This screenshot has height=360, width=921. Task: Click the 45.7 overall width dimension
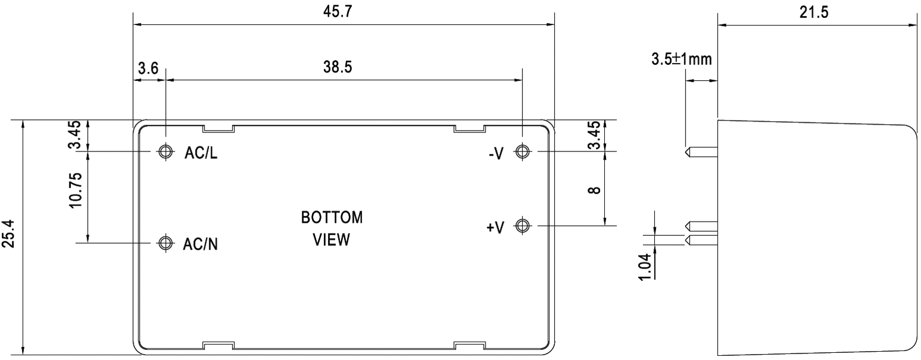tap(338, 12)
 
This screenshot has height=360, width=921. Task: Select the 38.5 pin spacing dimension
tap(338, 67)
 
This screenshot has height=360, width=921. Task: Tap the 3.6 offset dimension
tap(148, 68)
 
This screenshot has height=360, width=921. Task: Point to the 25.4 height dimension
tap(9, 233)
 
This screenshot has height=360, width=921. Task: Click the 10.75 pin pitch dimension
tap(75, 190)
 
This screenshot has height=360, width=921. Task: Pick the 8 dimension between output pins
tap(595, 190)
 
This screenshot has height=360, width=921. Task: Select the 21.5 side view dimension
tap(813, 12)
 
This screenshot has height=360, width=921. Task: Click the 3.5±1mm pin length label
tap(682, 59)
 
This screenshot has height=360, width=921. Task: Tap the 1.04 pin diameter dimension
tap(645, 267)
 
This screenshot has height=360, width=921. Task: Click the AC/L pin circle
tap(166, 151)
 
